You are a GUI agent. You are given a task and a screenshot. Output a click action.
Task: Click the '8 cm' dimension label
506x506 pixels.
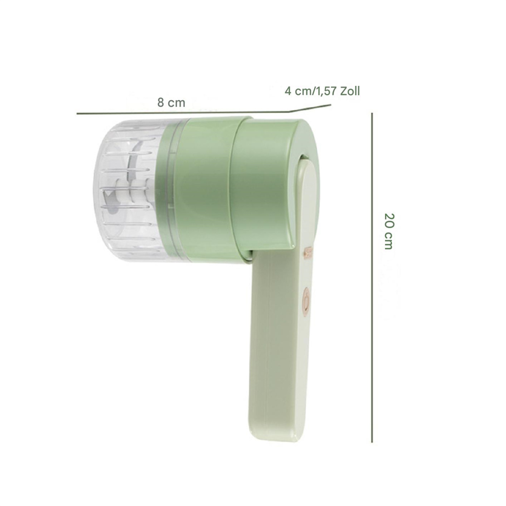click(171, 102)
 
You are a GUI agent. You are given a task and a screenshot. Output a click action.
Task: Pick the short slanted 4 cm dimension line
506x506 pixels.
click(310, 108)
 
